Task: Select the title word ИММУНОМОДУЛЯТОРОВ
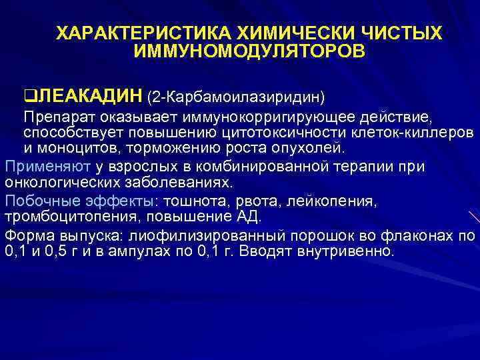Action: [x=249, y=51]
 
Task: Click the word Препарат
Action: [x=54, y=118]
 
